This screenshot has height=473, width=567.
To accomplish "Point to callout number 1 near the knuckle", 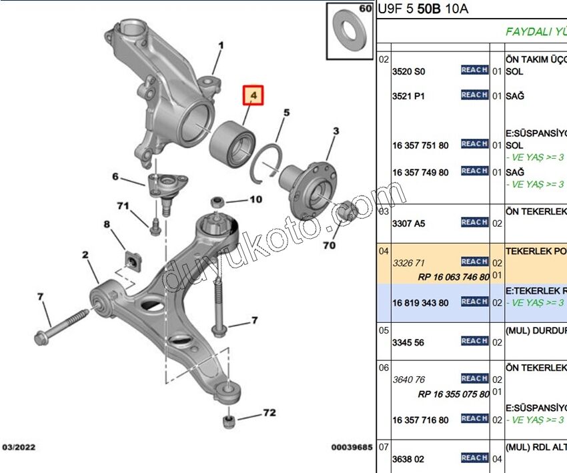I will (221, 46).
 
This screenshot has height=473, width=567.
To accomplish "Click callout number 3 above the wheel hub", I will (336, 131).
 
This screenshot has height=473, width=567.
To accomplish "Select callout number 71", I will (123, 206).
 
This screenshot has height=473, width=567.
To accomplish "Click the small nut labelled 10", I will (216, 200).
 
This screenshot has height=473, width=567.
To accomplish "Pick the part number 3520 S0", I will (408, 71).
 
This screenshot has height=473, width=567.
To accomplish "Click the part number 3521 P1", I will (408, 96).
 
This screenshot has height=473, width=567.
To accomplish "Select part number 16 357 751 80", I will (420, 145).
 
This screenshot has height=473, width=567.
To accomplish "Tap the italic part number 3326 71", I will (408, 262).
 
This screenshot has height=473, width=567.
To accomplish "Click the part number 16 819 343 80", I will (420, 302).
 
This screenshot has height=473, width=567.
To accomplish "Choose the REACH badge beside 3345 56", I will (474, 341).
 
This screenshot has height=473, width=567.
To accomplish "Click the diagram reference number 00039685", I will (352, 447).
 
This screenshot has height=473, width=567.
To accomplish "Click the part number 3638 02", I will (408, 459).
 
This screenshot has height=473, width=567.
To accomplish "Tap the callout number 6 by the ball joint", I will (115, 177).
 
